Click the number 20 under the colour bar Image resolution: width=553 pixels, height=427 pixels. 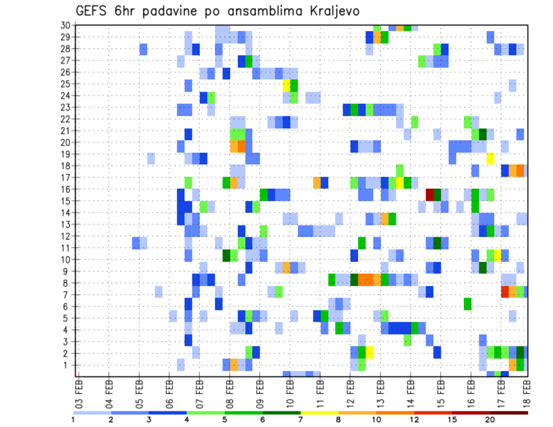(490, 420)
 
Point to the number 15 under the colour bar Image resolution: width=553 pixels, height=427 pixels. (452, 420)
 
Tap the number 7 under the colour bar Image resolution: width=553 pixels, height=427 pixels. (300, 420)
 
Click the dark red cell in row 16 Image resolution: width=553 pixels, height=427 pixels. (429, 195)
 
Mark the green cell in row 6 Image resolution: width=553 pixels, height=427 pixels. (468, 303)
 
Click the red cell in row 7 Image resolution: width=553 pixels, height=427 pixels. (505, 292)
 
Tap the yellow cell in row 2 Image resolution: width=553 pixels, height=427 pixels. (369, 352)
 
